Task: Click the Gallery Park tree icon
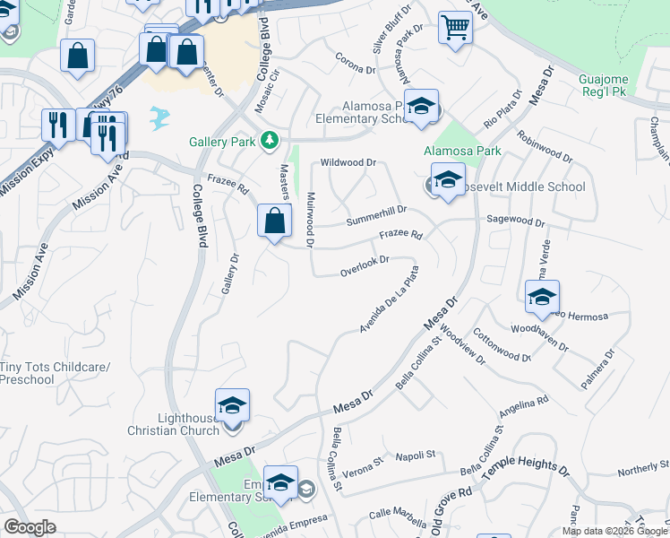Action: pyautogui.click(x=268, y=141)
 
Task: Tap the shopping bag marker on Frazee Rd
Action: pyautogui.click(x=274, y=221)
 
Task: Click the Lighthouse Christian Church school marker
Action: pyautogui.click(x=232, y=405)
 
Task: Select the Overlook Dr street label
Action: pyautogui.click(x=364, y=266)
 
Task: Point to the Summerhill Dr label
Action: pyautogui.click(x=376, y=215)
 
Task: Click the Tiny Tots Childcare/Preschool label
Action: pyautogui.click(x=54, y=373)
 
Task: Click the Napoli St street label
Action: pyautogui.click(x=415, y=455)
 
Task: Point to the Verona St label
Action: pyautogui.click(x=365, y=464)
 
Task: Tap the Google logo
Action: pyautogui.click(x=30, y=527)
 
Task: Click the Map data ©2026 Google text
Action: pyautogui.click(x=614, y=531)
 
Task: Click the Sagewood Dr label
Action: pyautogui.click(x=515, y=220)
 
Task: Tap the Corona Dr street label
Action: pyautogui.click(x=355, y=66)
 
